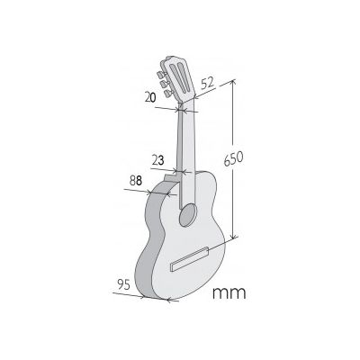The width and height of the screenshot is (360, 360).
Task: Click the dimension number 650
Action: coord(234,158)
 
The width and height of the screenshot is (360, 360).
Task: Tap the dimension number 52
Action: coord(208,84)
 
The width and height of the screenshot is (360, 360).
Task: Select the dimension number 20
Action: coord(150,97)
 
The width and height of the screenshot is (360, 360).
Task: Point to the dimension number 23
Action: coord(158,161)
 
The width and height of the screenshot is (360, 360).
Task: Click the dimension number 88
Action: coord(136,181)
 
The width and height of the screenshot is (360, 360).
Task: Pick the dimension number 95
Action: coord(124,284)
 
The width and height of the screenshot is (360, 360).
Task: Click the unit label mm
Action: coord(229,293)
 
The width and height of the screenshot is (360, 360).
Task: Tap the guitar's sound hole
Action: coord(188,215)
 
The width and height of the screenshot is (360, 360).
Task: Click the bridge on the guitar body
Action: coord(190,259)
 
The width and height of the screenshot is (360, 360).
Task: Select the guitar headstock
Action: coord(178,78)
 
